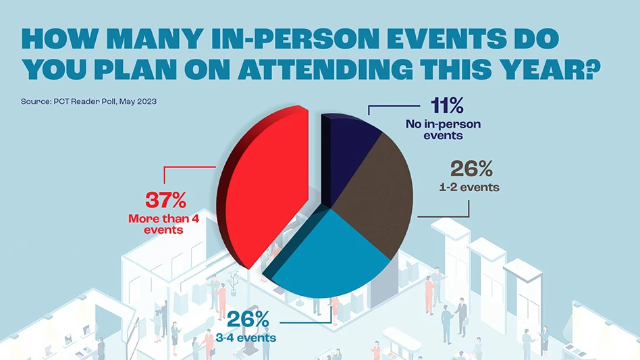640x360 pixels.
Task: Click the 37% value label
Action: tap(167, 201)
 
